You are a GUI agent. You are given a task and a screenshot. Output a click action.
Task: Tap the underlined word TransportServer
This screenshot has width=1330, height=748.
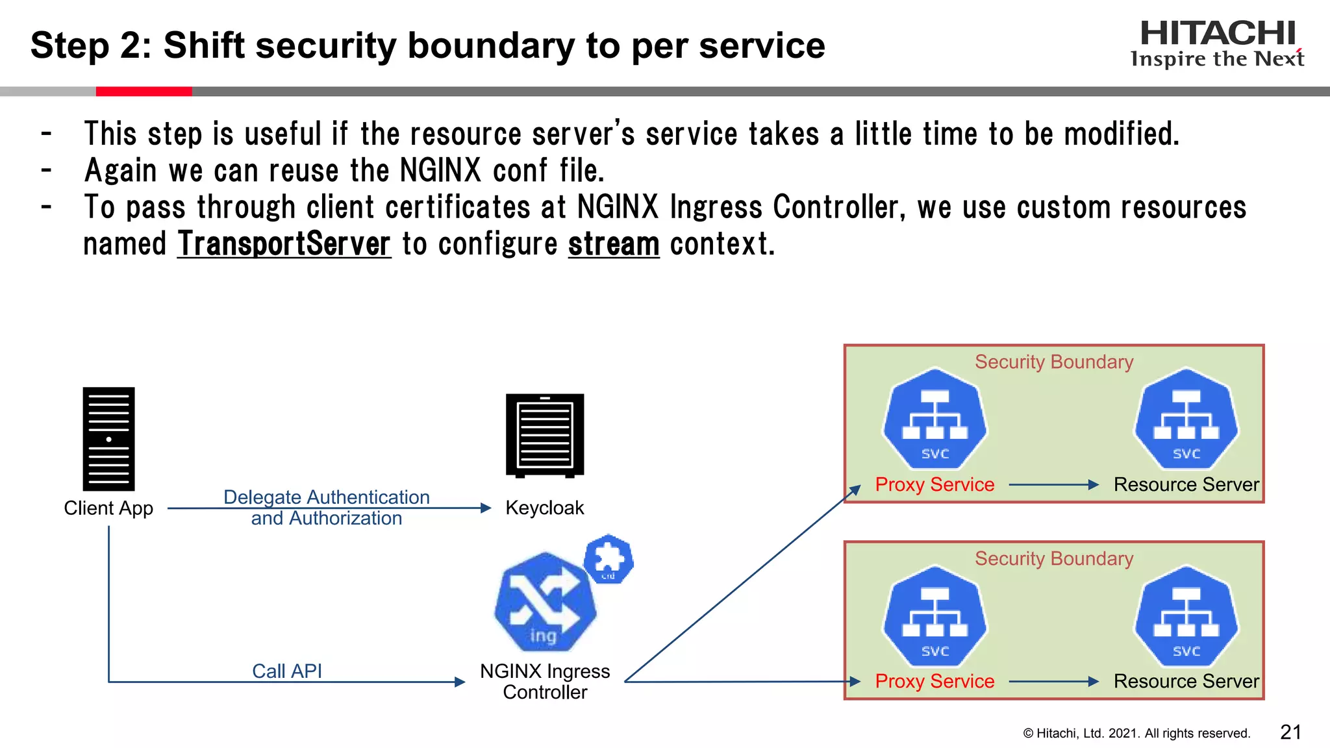284,244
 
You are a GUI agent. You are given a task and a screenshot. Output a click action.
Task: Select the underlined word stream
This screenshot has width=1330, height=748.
614,244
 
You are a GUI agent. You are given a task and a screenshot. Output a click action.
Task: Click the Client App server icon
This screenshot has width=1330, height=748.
108,439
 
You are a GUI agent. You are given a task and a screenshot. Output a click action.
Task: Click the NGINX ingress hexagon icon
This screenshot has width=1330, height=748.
545,601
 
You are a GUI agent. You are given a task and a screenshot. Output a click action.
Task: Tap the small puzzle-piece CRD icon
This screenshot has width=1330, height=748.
609,558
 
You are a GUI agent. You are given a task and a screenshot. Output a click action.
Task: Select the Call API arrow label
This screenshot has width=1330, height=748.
287,671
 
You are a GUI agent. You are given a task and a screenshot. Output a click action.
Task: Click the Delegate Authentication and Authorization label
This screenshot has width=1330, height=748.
327,507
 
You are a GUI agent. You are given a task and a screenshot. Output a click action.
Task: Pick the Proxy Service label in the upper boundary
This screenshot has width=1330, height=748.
935,484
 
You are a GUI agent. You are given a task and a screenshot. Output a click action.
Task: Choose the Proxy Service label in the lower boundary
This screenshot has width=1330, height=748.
935,681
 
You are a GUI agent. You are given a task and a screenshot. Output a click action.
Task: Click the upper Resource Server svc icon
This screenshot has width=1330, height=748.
1186,419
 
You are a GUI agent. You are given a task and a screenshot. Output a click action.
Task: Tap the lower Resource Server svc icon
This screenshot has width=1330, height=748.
1186,617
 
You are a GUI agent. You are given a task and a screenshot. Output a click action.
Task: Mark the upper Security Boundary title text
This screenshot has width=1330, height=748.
1054,362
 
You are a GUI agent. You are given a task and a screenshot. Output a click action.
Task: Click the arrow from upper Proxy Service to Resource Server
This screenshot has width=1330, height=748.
1053,484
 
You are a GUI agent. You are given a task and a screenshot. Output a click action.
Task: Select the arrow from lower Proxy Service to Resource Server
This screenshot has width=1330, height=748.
1053,681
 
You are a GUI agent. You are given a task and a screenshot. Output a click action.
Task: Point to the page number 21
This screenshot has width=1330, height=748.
1290,732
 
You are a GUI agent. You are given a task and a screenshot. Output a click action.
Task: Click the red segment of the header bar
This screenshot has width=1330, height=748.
144,92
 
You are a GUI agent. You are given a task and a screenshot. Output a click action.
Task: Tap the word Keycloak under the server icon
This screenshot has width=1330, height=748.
544,508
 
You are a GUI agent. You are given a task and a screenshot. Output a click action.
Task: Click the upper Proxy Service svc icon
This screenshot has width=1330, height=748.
935,419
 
